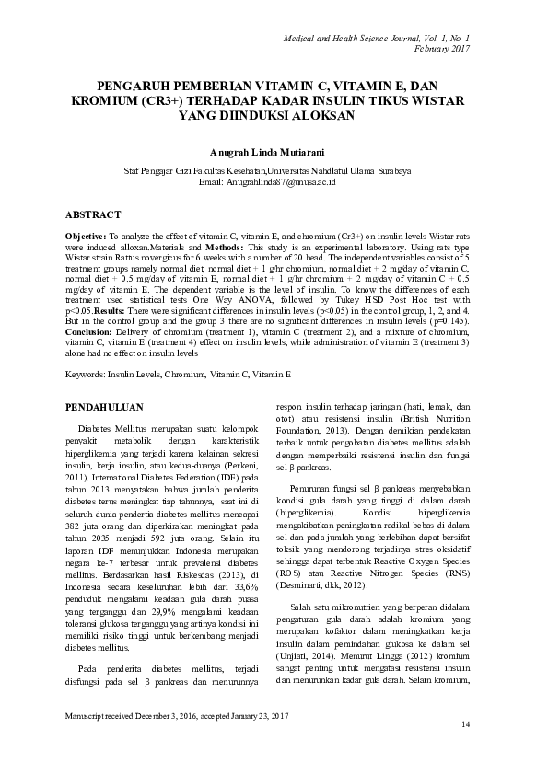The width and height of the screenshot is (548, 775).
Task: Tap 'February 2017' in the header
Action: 442,48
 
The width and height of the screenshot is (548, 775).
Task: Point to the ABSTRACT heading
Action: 92,214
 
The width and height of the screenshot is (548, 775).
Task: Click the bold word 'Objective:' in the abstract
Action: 85,237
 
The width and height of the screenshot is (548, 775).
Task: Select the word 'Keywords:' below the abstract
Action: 85,375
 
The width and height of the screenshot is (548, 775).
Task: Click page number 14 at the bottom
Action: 465,725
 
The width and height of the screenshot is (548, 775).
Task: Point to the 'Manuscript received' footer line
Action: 175,714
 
